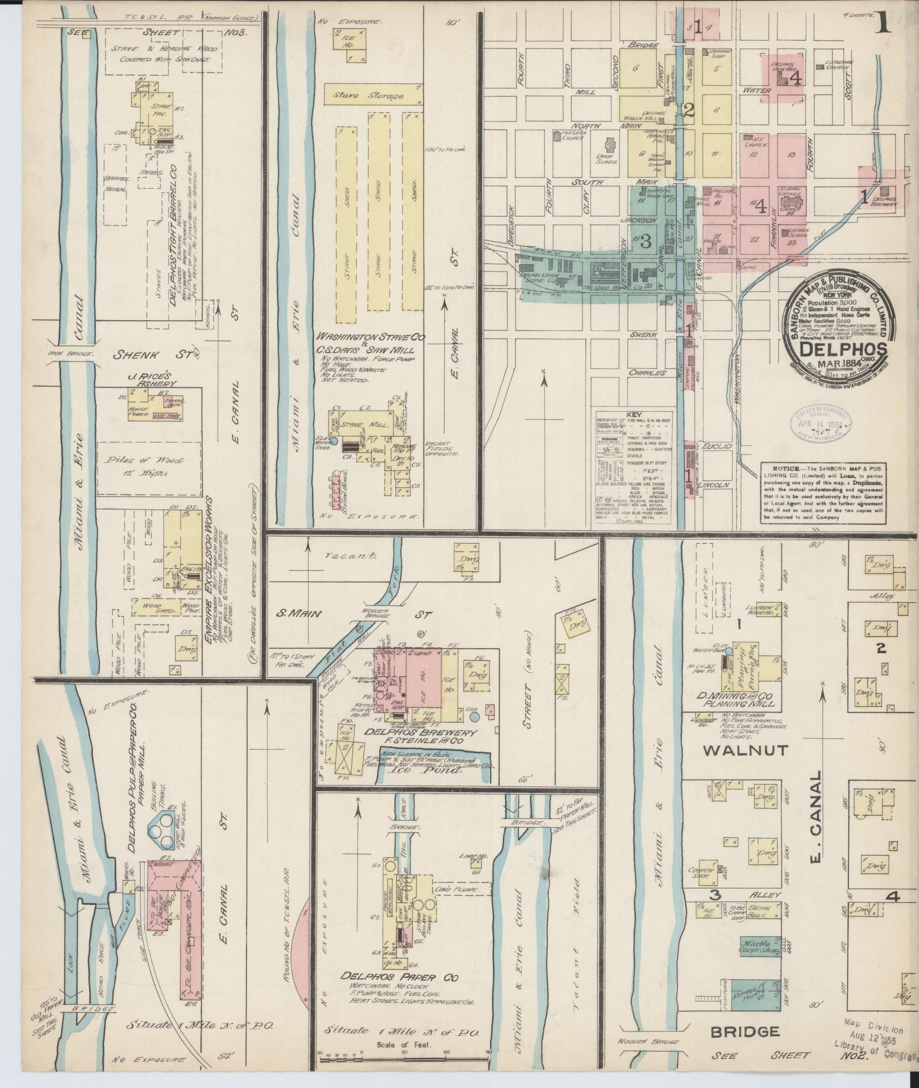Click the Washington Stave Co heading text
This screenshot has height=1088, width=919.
[x=375, y=337]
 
